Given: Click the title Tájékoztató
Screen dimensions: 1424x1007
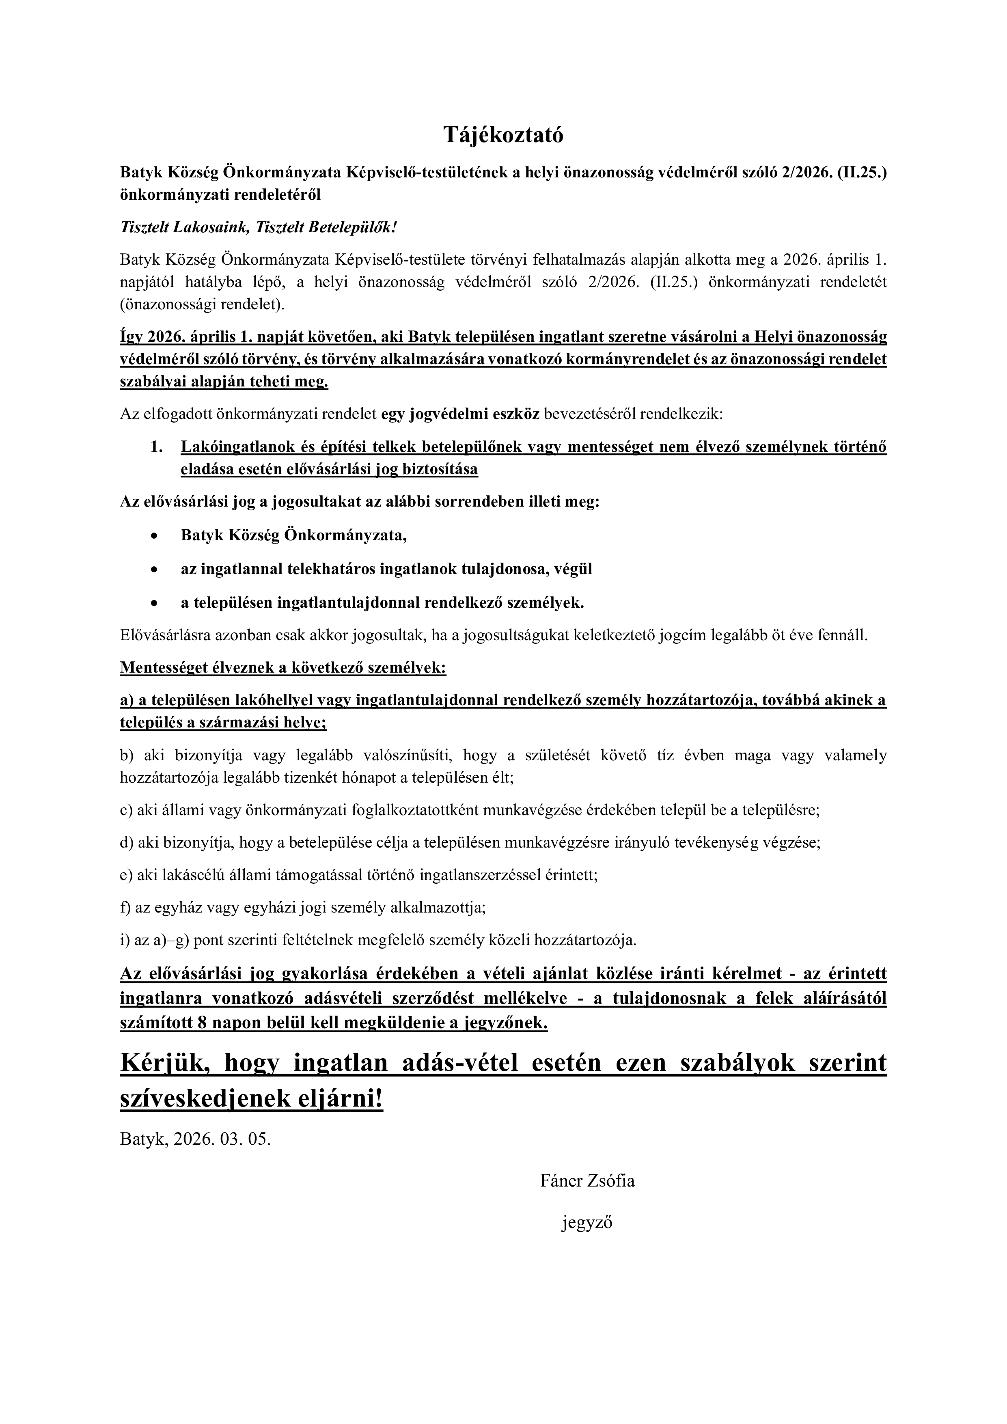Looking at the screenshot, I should click(x=503, y=135).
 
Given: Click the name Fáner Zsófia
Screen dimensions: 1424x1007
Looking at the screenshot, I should click(x=587, y=1181).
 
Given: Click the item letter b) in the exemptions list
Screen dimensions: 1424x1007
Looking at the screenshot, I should click(x=127, y=755).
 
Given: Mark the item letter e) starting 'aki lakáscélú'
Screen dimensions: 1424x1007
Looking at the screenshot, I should click(x=127, y=875).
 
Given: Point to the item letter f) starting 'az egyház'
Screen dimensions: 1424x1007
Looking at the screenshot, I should click(x=126, y=908).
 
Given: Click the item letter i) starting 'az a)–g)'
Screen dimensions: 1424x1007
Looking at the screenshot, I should click(x=125, y=940).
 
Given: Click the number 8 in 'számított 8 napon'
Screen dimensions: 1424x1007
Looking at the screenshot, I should click(x=202, y=1023).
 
